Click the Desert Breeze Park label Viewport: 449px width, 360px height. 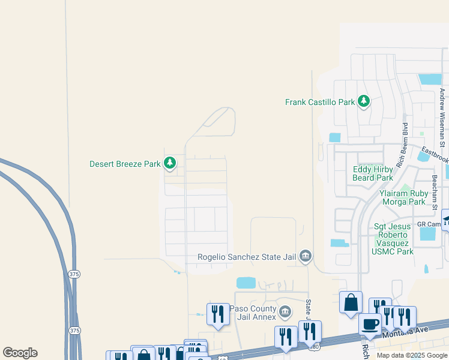pos(125,163)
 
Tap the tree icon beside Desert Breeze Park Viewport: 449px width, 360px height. pos(170,163)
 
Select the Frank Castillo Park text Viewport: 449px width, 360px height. pos(320,102)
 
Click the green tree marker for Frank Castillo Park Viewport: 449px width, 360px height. pos(363,101)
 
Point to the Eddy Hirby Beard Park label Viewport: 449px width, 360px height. pos(373,173)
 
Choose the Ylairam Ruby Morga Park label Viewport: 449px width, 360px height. pos(411,197)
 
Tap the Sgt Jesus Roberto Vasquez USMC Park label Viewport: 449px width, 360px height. pos(394,239)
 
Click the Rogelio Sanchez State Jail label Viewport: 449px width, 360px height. pos(247,257)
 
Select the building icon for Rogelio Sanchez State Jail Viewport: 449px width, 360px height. pos(305,257)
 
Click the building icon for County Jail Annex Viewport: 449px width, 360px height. pos(285,313)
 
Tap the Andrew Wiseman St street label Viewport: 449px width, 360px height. pos(442,117)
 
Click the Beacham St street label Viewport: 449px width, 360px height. pos(435,193)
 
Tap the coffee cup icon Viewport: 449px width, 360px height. pos(370,325)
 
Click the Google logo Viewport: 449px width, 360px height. pos(20,353)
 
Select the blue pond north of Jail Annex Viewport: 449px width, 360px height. pos(246,283)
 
